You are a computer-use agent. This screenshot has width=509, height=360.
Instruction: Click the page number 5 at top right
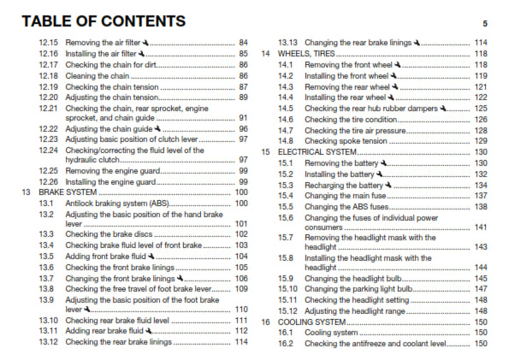[x=484, y=23]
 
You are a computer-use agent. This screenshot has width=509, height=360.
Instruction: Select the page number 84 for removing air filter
[x=243, y=42]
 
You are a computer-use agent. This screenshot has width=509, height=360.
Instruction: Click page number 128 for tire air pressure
[x=480, y=130]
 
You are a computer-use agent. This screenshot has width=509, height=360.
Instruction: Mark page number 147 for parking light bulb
[x=480, y=289]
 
